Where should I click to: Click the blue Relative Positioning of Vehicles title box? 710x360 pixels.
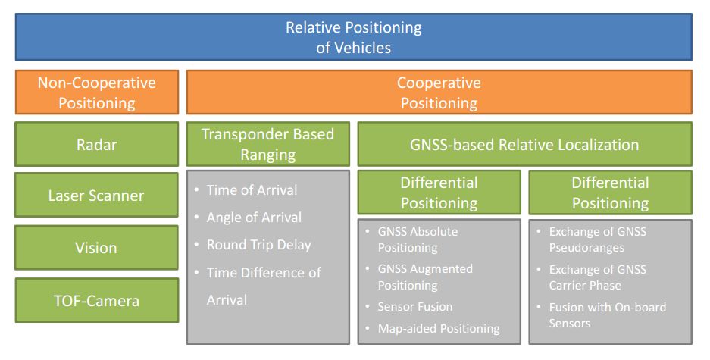click(353, 37)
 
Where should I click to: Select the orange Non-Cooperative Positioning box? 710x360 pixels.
click(97, 92)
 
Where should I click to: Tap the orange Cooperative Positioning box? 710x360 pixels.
click(439, 92)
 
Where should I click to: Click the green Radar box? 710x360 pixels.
click(97, 144)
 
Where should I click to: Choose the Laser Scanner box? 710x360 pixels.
click(97, 196)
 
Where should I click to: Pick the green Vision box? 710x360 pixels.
click(97, 248)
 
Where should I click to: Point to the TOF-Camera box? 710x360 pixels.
click(97, 300)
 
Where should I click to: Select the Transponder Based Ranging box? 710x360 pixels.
click(267, 144)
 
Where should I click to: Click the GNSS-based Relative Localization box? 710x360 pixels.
click(524, 144)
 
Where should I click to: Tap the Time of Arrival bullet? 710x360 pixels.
click(252, 190)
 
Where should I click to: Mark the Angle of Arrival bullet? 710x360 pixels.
click(254, 218)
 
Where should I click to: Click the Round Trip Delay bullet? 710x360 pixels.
click(258, 245)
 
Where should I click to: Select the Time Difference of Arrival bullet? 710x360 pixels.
click(263, 286)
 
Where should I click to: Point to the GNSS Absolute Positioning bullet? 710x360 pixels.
click(418, 239)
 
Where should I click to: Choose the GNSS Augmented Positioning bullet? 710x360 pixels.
click(424, 277)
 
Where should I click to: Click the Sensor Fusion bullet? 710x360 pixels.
click(414, 307)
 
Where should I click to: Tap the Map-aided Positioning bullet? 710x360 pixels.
click(439, 328)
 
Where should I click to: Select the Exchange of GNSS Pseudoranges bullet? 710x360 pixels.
click(598, 239)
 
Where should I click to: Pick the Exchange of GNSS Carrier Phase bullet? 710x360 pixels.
click(598, 277)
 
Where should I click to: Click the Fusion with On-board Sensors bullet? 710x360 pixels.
click(607, 315)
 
